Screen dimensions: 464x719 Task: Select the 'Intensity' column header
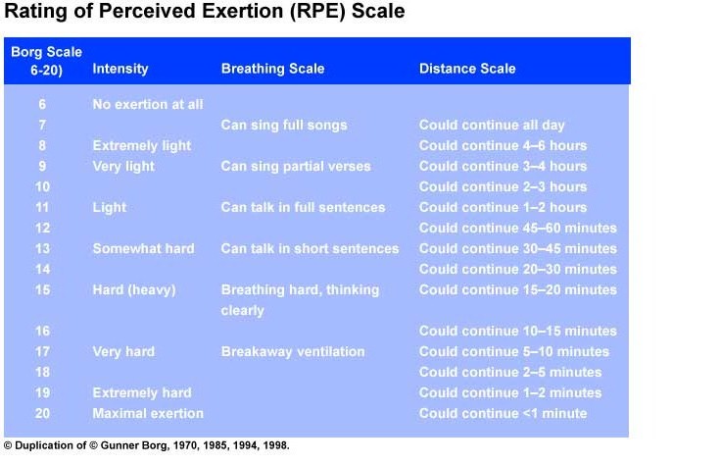point(120,69)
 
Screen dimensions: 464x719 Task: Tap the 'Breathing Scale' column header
point(272,69)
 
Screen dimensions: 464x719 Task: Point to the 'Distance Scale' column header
point(467,69)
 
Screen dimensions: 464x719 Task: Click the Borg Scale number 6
point(42,104)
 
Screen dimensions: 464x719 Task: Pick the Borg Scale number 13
point(42,248)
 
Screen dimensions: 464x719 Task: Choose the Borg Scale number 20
point(42,413)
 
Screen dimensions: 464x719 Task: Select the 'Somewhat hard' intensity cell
point(143,248)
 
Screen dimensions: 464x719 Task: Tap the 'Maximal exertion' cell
point(148,413)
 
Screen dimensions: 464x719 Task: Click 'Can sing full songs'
point(284,125)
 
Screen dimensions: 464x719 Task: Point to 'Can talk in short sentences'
point(310,248)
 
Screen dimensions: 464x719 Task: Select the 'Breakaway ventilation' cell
point(293,351)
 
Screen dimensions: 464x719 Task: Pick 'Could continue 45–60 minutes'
point(518,228)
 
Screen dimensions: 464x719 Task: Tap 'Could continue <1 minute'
point(503,413)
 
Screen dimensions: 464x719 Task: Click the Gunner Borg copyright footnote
point(147,444)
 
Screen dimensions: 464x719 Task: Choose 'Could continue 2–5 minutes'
point(510,372)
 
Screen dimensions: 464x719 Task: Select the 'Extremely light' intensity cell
point(142,145)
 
